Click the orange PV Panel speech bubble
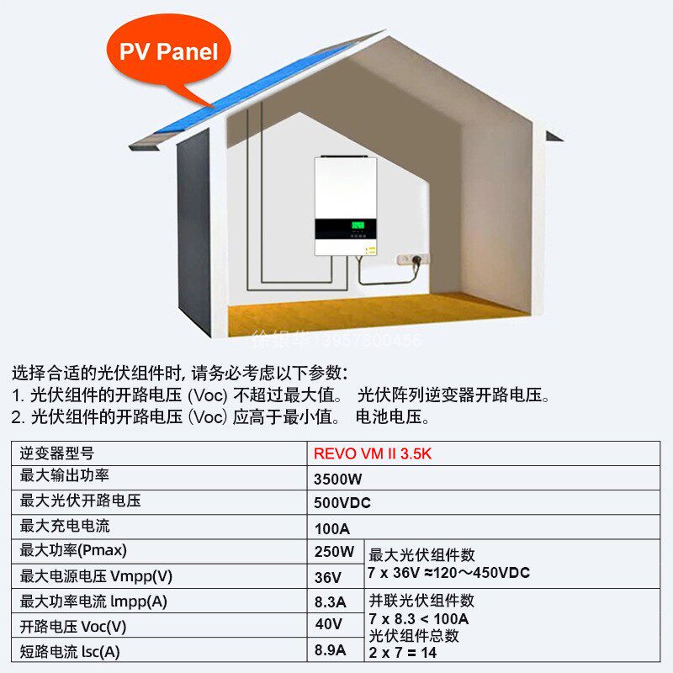tap(168, 52)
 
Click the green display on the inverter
tap(358, 225)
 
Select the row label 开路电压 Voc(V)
tap(73, 626)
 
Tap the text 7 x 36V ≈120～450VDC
tap(448, 572)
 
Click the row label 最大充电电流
tap(65, 527)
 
